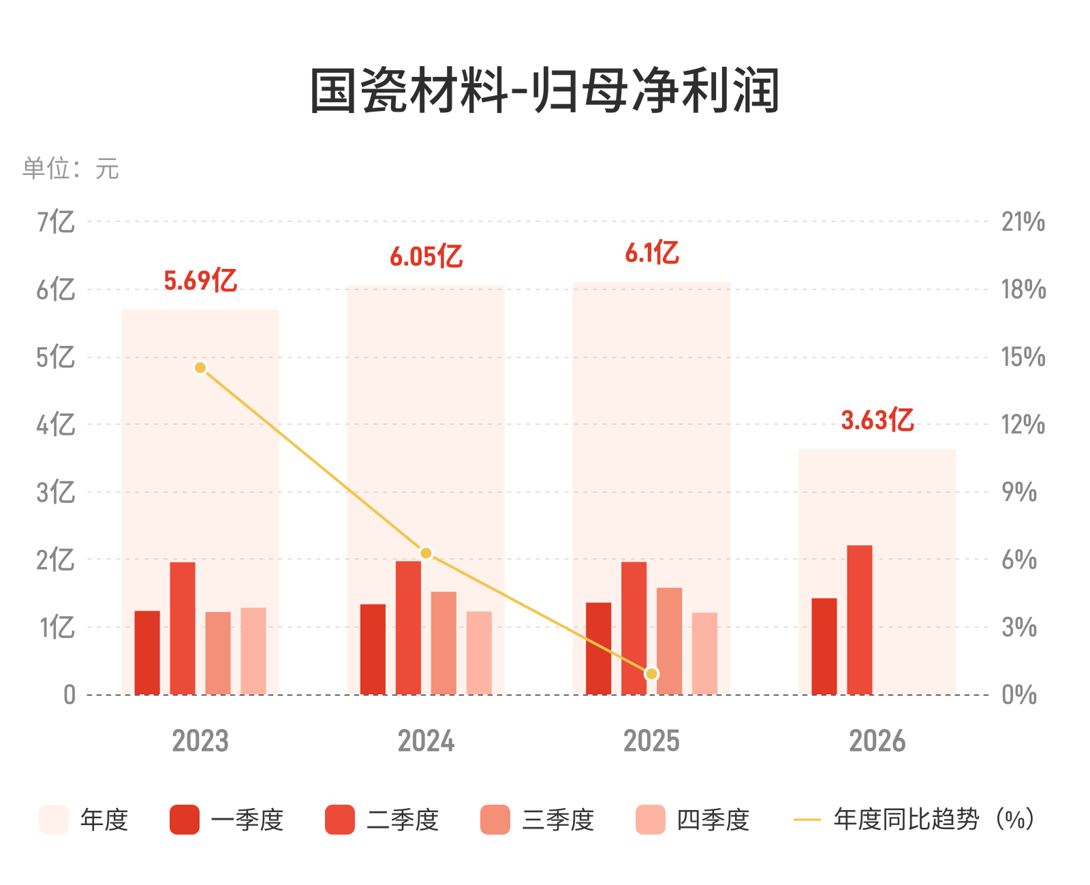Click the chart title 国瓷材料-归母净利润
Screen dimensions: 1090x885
[x=544, y=91]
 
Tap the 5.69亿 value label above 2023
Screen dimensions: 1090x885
[x=200, y=280]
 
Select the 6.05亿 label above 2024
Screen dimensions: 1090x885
[x=426, y=256]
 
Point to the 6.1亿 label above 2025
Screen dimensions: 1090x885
[x=651, y=252]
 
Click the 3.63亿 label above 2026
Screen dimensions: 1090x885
[x=877, y=420]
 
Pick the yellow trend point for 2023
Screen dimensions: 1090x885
[x=200, y=368]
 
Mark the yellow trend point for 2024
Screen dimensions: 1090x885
[x=426, y=553]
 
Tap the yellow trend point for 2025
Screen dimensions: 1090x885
[x=651, y=674]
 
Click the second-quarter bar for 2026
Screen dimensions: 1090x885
[x=859, y=619]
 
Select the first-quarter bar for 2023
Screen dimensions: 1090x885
[x=147, y=652]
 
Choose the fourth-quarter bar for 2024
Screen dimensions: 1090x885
[x=479, y=653]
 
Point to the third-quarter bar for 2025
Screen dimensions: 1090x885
[x=670, y=641]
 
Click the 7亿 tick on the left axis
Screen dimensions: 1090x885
[x=56, y=222]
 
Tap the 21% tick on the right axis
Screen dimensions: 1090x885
[x=1023, y=222]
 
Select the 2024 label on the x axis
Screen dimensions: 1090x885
[x=426, y=741]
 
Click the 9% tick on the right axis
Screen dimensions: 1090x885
[x=1019, y=492]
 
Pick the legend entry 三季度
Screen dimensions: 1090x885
[x=538, y=820]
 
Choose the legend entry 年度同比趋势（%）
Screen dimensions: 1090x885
[x=914, y=820]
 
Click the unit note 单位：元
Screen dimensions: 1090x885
[x=71, y=168]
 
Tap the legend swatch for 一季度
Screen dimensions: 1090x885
[x=184, y=820]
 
